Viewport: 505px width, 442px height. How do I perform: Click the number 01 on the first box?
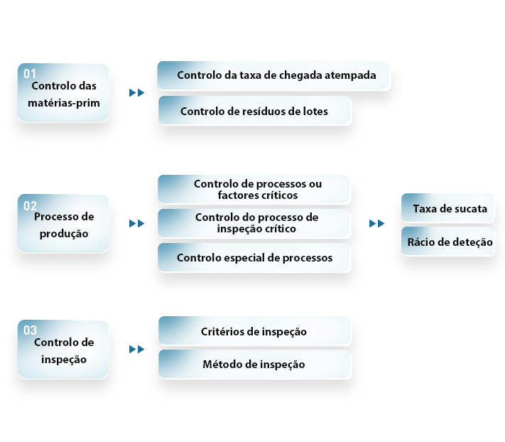[30, 74]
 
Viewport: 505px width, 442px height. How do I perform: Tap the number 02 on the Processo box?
[30, 206]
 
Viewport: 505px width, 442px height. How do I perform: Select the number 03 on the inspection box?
[30, 330]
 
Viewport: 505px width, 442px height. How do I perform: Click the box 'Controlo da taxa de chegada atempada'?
[273, 75]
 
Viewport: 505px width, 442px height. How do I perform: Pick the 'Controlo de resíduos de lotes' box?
[254, 111]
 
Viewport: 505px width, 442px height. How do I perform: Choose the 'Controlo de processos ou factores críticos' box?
[254, 190]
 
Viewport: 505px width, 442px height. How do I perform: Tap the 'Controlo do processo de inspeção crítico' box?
[254, 223]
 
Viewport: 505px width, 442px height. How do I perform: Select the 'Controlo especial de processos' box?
[254, 257]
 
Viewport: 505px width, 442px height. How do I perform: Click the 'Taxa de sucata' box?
[447, 207]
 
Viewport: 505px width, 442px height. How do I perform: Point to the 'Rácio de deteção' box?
[447, 242]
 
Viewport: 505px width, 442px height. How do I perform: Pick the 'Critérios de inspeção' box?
[254, 331]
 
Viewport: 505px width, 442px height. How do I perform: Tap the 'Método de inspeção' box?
[254, 364]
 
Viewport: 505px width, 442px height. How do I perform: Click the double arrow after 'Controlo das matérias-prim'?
[136, 93]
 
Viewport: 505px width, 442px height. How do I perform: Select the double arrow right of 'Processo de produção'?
[136, 223]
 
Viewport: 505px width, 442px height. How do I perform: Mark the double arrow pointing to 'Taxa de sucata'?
[377, 223]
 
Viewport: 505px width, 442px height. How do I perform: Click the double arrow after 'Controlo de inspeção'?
[136, 349]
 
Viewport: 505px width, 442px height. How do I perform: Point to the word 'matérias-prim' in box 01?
[64, 104]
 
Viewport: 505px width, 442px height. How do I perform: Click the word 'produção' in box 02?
[64, 234]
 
